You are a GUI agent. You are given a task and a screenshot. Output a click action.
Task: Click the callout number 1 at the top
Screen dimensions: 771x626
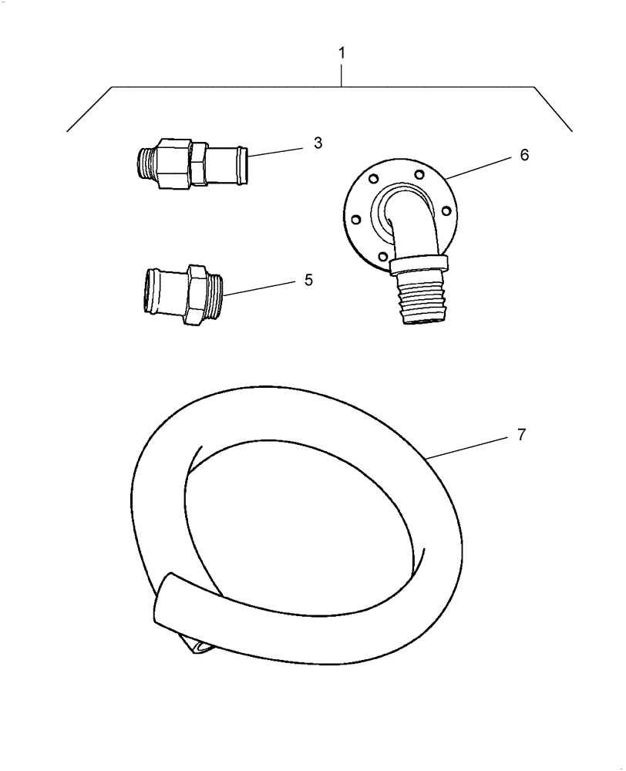342,56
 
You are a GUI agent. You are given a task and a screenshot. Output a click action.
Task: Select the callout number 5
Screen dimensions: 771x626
308,279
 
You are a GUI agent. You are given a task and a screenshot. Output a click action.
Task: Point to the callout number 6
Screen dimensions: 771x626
523,155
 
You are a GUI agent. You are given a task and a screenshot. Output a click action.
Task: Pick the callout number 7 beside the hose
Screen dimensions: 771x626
520,435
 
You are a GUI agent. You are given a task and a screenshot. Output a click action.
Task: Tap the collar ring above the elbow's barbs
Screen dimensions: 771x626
419,264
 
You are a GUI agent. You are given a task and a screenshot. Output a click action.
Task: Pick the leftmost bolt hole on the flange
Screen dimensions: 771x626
356,219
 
